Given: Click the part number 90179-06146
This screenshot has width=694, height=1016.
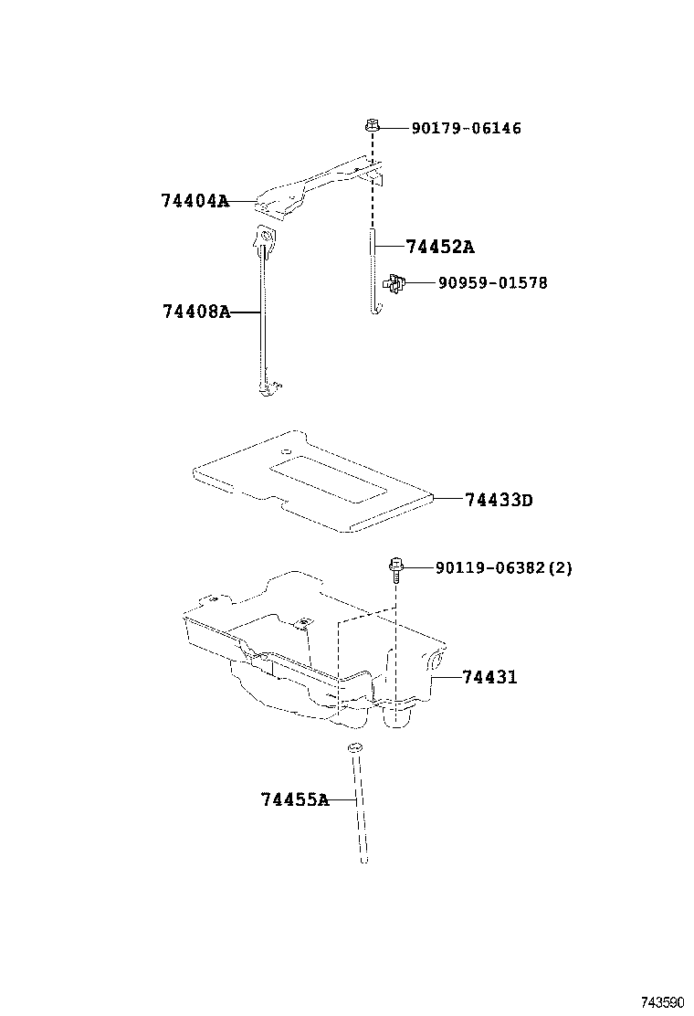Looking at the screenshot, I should pos(466,129).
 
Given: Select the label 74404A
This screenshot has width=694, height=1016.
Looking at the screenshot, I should pos(195,202).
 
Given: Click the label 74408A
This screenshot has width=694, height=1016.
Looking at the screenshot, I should pos(195,312).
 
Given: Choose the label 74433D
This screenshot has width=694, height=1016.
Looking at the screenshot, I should pos(498,500).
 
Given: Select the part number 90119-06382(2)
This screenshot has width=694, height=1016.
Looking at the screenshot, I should pos(503,568).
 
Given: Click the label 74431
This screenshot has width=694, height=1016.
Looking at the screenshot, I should pos(489,678).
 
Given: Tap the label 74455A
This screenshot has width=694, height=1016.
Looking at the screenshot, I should pos(294,800).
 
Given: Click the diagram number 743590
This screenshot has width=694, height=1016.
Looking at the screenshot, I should pos(661,1002).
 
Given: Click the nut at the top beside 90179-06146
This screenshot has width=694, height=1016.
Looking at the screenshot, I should pos(372,124).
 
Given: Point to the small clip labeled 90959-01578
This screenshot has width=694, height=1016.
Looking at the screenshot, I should pos(394,284).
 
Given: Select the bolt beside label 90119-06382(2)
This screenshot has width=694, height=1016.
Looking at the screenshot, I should pos(395,570).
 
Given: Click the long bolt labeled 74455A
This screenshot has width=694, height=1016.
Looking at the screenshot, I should pos(359,804).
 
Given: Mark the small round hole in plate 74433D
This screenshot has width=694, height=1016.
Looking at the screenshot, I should pos(286,451).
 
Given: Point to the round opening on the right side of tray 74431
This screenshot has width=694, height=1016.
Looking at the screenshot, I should pos(434,662).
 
